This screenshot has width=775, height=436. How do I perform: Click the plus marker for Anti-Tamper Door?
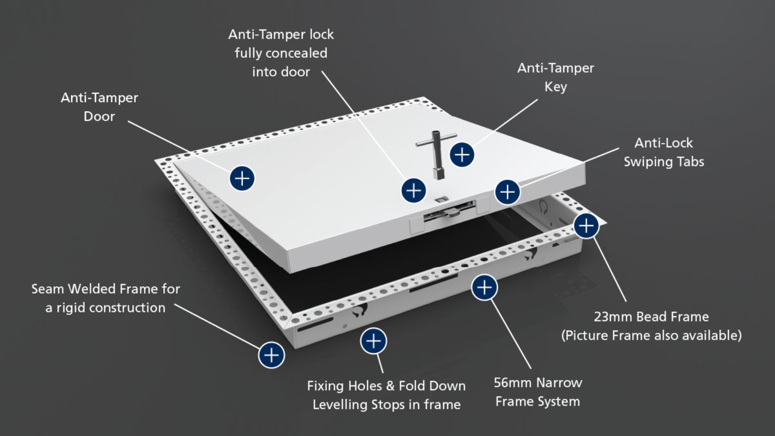(x=242, y=178)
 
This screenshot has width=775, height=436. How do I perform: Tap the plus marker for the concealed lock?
(x=414, y=190)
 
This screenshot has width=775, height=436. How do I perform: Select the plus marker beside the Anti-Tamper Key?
(x=462, y=155)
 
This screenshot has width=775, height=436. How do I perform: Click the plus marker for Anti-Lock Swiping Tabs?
(x=507, y=192)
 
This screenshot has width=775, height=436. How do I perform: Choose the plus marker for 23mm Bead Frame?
(x=586, y=225)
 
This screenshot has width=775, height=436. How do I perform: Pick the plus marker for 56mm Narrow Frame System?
(x=484, y=288)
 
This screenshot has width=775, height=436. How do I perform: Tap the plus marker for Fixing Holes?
(x=373, y=341)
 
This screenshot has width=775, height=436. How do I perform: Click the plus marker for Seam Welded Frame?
(x=271, y=355)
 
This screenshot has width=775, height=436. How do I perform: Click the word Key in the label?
(x=556, y=87)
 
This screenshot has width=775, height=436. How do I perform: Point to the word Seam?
(x=47, y=289)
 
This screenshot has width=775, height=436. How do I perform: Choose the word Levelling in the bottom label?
(x=340, y=405)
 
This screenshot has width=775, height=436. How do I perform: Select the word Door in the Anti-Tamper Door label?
(x=99, y=117)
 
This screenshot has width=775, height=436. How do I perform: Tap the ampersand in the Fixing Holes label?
(x=390, y=386)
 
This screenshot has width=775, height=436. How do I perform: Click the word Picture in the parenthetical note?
(x=588, y=336)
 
